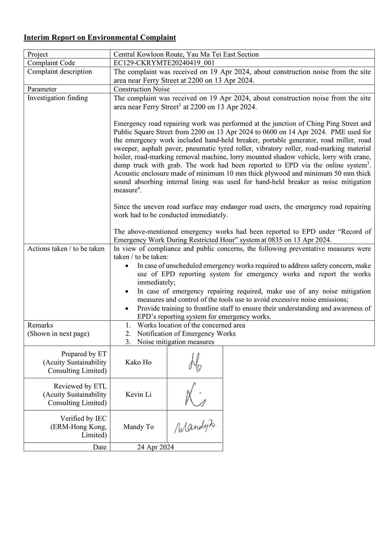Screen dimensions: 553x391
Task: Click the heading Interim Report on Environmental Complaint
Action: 100,38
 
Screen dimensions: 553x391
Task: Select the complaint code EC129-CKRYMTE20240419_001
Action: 164,63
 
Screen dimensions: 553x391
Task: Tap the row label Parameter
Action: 42,89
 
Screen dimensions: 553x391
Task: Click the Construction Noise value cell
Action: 141,89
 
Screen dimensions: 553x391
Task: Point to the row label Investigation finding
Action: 57,98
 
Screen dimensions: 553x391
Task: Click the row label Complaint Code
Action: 51,63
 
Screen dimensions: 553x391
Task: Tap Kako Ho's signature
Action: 195,362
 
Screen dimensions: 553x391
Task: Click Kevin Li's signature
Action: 195,395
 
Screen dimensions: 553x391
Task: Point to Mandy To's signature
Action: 195,426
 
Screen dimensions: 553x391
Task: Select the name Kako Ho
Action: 138,363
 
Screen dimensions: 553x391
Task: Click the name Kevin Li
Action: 138,395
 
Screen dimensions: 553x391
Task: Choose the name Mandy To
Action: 138,427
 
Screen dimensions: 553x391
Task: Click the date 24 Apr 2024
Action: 156,447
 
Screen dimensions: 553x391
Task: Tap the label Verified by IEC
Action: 83,419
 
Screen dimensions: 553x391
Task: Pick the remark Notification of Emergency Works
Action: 186,334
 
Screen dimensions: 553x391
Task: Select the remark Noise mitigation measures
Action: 176,342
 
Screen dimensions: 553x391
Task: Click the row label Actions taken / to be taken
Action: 66,249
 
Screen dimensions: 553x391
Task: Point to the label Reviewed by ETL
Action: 80,386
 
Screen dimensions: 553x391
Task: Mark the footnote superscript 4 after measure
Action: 139,188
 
